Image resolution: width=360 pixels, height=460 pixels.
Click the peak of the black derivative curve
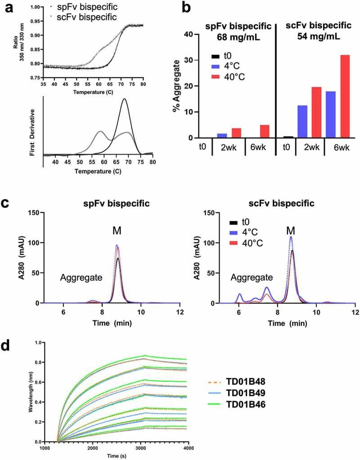[124, 99]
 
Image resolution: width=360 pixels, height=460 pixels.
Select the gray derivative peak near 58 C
[100, 131]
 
